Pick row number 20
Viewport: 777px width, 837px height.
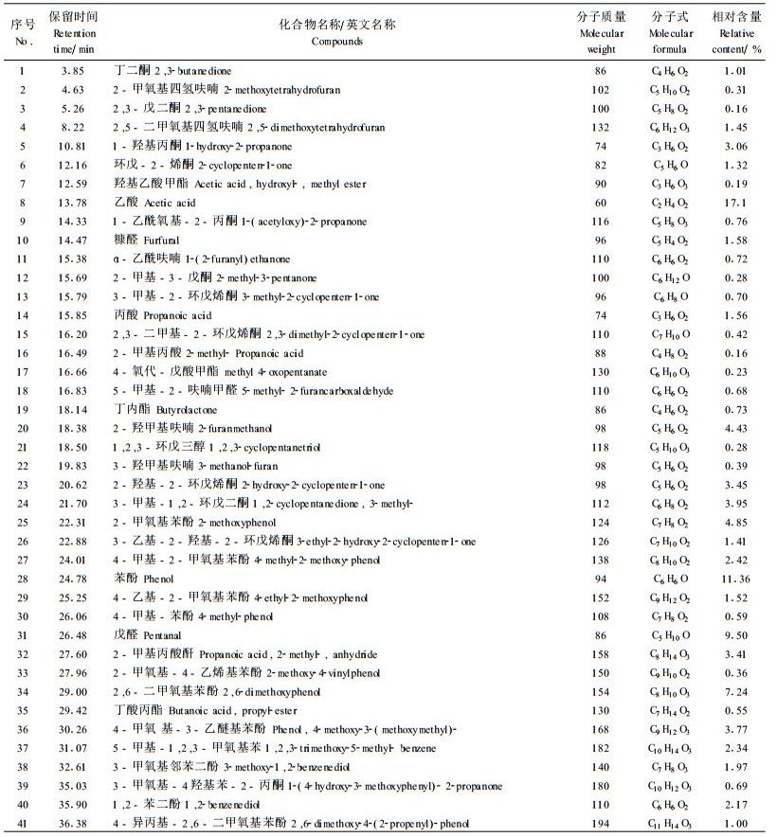23,428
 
